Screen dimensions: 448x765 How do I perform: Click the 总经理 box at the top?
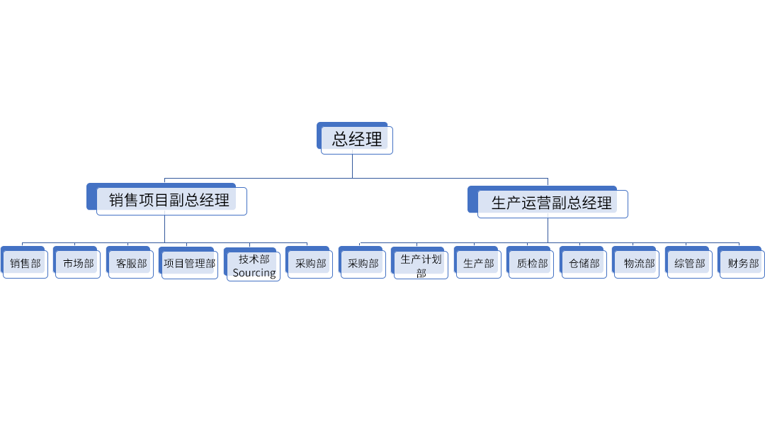[356, 139]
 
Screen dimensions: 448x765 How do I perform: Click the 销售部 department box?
[25, 264]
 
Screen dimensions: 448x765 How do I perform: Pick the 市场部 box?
[78, 264]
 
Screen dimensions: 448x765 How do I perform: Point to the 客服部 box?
[131, 264]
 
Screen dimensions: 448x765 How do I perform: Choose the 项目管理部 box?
[189, 264]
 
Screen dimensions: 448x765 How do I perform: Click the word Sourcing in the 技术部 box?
[254, 273]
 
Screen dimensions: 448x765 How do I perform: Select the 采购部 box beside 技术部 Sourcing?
[310, 264]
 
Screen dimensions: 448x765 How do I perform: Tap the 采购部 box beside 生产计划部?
[363, 264]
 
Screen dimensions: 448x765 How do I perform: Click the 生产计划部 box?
[421, 264]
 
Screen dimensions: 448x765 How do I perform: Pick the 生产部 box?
[478, 264]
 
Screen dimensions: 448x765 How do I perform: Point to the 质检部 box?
[531, 264]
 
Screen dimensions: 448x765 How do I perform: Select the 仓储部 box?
[584, 264]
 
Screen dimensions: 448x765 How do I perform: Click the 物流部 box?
[638, 264]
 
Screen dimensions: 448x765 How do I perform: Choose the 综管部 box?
[689, 264]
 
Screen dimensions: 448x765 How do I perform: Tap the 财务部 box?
[742, 264]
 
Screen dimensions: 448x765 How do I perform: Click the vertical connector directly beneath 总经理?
[352, 167]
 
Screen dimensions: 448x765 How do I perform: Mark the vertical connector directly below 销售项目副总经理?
[164, 229]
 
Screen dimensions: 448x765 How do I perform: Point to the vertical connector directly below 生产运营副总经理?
[548, 230]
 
